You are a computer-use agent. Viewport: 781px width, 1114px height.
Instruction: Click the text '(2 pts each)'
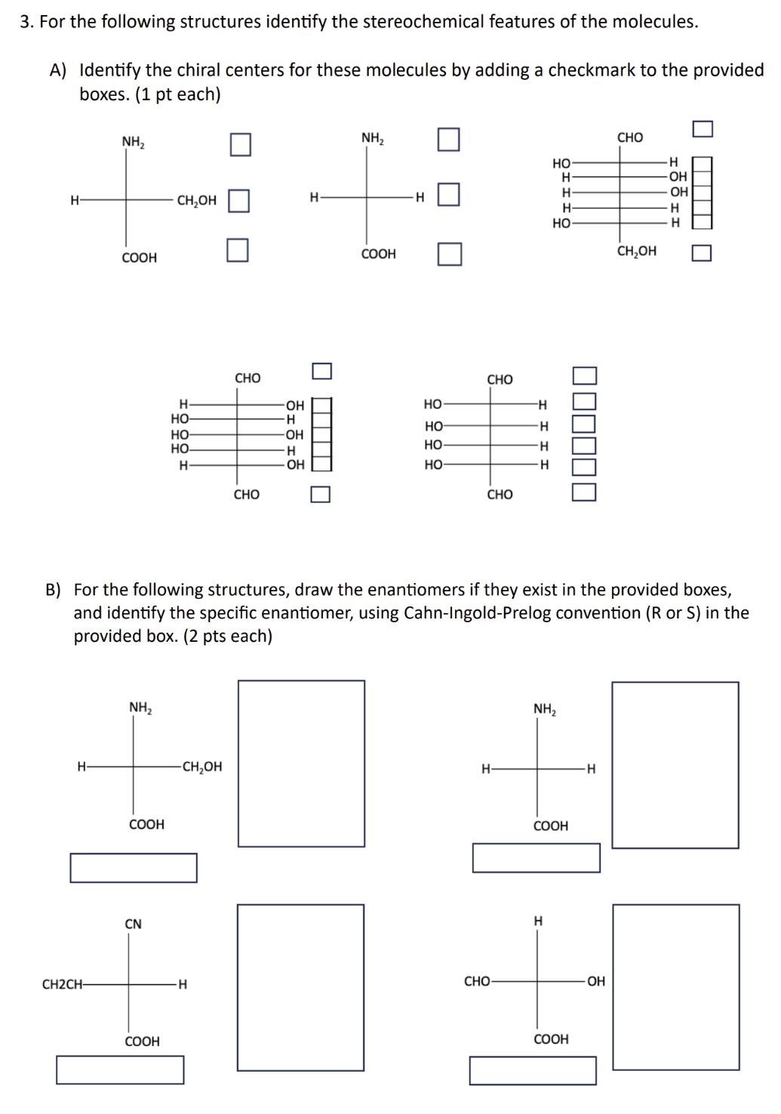[x=228, y=636]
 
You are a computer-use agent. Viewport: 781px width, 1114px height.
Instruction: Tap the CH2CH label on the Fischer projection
[x=62, y=984]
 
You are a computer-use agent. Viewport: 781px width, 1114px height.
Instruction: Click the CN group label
[x=133, y=924]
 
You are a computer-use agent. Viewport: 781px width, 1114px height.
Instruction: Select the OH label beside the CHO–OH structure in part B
[x=596, y=981]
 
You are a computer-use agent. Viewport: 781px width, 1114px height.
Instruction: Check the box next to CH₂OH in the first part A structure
[x=238, y=201]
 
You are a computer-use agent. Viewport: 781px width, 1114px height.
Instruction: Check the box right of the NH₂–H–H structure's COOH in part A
[x=449, y=254]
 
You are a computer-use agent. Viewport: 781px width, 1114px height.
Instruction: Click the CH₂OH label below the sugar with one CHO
[x=636, y=251]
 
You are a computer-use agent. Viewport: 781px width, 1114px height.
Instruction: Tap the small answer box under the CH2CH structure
[x=120, y=1070]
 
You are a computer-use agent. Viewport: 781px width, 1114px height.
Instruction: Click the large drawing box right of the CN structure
[x=300, y=987]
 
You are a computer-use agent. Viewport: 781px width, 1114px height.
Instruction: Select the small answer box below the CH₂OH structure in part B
[x=134, y=867]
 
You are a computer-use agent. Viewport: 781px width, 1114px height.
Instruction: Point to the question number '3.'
[x=27, y=22]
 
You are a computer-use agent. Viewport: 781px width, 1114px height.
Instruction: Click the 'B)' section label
[x=53, y=590]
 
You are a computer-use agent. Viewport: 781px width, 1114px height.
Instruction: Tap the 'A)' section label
[x=59, y=71]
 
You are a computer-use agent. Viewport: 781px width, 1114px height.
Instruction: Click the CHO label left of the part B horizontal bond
[x=477, y=981]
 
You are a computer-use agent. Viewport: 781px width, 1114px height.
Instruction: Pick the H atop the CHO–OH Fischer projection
[x=538, y=921]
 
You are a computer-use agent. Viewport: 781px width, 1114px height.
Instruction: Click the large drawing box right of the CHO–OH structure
[x=675, y=987]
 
